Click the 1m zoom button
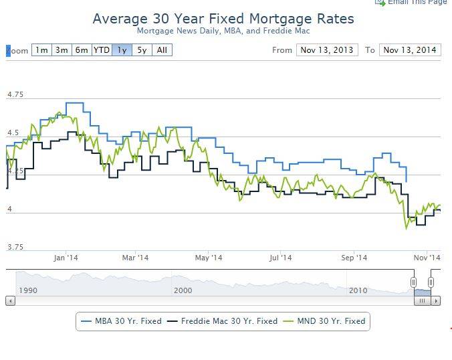[x=41, y=50]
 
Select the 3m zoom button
[x=62, y=50]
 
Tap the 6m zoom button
[x=82, y=50]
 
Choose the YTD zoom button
[x=102, y=50]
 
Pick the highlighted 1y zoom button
[x=122, y=50]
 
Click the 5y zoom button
[x=142, y=50]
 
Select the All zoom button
[x=162, y=50]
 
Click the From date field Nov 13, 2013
[x=327, y=50]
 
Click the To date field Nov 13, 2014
[x=409, y=50]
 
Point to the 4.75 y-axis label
[x=15, y=94]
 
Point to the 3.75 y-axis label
[x=15, y=247]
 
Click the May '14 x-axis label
[x=208, y=258]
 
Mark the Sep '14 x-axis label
[x=354, y=258]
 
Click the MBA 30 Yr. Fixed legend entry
[x=120, y=321]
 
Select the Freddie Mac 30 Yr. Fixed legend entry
[x=223, y=321]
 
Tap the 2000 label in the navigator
[x=183, y=290]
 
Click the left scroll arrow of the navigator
[x=9, y=301]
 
